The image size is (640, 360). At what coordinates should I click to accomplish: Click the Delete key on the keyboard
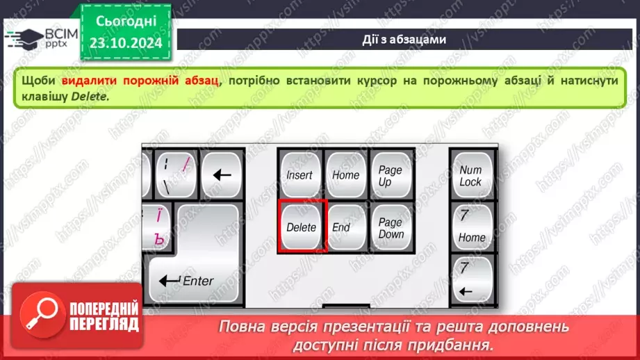302,226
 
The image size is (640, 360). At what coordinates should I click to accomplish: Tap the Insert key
300,175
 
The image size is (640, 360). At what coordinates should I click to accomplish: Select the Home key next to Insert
345,175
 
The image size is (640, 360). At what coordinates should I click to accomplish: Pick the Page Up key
391,175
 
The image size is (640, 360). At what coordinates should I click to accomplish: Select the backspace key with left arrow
221,175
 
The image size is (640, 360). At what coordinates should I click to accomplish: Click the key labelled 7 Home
471,227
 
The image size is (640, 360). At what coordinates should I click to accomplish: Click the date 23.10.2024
125,42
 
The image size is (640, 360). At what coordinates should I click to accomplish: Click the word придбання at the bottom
457,344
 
